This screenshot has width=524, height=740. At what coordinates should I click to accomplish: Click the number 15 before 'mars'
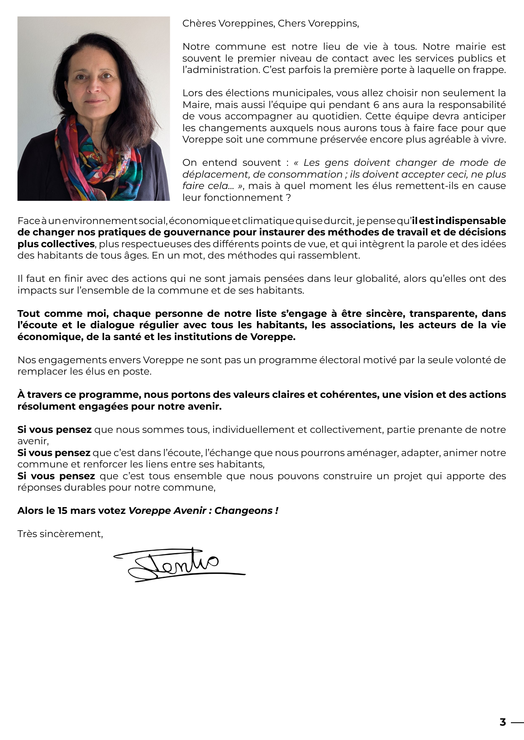[62, 510]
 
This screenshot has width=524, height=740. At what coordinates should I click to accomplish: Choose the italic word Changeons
[244, 510]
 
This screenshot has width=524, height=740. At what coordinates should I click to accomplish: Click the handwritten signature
[177, 564]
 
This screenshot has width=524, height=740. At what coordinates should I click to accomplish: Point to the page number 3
[502, 722]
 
